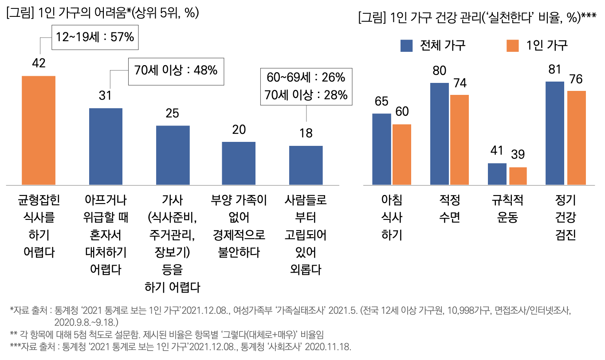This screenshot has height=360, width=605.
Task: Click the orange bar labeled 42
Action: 39,130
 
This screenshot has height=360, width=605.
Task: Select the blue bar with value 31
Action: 106,146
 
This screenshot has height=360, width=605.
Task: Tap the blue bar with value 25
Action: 173,155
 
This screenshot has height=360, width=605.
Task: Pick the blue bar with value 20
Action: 239,163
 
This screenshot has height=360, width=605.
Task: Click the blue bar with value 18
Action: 306,165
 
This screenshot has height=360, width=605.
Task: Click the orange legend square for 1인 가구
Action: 512,45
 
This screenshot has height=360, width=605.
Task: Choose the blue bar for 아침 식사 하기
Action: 381,149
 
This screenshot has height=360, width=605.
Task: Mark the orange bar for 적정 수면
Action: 460,140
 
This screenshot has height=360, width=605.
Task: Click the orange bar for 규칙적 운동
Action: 518,176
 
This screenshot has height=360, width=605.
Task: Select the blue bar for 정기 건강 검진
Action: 554,133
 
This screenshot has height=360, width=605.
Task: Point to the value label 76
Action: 576,79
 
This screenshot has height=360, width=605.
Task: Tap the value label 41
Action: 497,151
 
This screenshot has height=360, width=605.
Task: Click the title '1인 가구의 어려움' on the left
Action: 102,13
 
